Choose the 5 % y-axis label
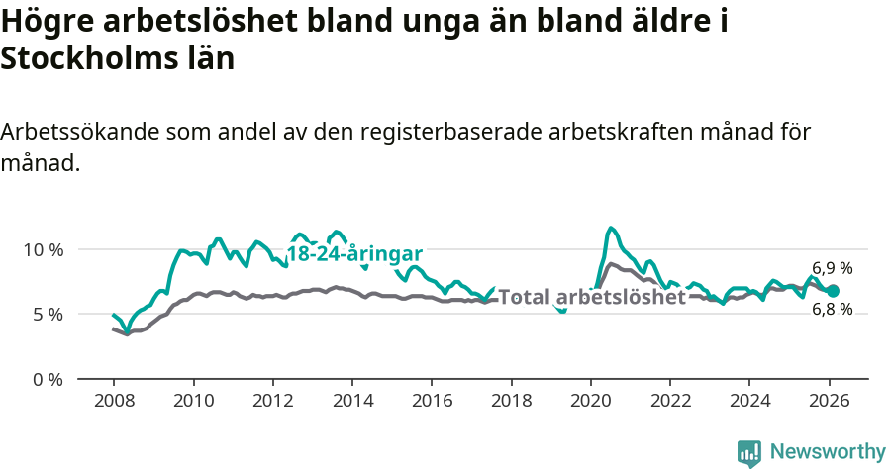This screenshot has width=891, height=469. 48,315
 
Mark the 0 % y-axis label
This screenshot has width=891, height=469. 48,380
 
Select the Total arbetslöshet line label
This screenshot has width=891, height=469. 592,297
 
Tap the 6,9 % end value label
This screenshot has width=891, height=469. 833,268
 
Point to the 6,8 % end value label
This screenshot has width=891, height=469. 833,309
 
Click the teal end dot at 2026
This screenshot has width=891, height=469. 834,291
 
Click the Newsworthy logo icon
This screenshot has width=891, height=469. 749,452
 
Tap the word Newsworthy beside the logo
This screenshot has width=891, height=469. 828,452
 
